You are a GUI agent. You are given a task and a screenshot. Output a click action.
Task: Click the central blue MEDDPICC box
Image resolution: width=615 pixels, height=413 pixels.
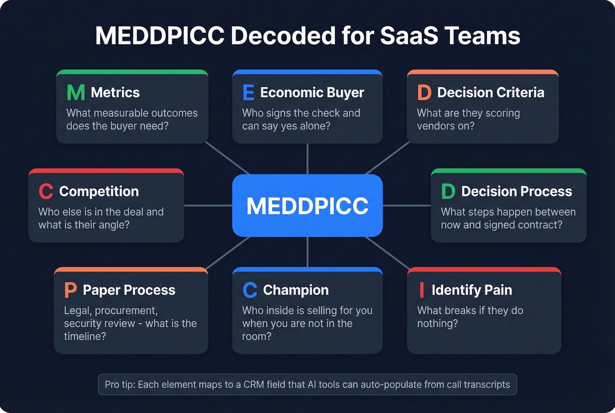coord(307,205)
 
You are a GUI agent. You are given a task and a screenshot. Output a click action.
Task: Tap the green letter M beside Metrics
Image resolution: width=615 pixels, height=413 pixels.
coord(76,92)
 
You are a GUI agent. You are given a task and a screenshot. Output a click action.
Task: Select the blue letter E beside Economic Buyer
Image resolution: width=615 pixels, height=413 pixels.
coord(248,92)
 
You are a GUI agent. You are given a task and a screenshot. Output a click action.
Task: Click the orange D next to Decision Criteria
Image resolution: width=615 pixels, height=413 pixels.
coord(424,92)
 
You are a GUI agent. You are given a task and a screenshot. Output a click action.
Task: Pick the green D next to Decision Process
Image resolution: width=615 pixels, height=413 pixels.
coord(448,191)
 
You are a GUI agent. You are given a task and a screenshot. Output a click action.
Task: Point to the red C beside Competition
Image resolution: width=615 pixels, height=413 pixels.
coord(46,191)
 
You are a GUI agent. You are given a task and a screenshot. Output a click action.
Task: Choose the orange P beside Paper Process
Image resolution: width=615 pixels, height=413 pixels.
coord(70,290)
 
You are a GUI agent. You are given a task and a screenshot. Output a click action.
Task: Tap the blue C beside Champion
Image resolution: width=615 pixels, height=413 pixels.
coord(250,290)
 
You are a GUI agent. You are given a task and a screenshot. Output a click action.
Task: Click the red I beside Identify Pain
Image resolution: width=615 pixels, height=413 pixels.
coord(422,290)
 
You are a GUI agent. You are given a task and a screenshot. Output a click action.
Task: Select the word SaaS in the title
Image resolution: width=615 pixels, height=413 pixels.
coord(409,36)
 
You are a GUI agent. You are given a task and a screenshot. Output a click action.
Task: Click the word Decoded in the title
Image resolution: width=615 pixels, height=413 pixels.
coord(283,36)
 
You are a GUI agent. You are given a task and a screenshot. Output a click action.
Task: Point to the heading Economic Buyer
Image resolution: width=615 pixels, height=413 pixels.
coord(312,92)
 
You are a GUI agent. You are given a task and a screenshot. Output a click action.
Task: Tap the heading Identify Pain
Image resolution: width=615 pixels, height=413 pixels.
coord(472,290)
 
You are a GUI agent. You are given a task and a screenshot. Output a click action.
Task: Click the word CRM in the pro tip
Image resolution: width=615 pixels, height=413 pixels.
coord(254,384)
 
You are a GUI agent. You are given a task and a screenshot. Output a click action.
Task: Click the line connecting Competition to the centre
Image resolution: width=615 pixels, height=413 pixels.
coord(208,205)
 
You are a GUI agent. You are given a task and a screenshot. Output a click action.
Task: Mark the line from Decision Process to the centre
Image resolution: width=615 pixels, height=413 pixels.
coord(406,205)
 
